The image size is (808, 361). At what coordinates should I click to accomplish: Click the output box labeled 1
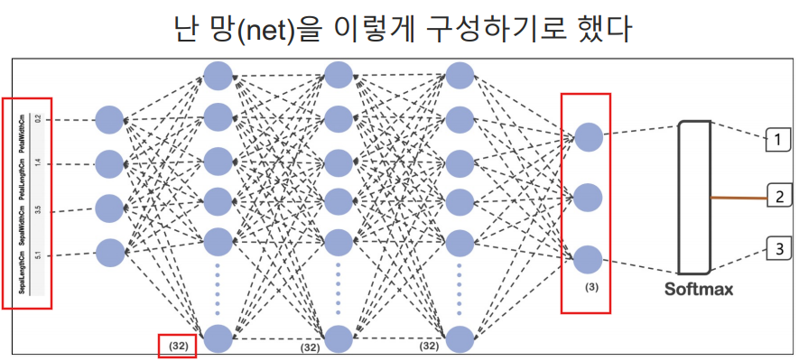pyautogui.click(x=776, y=139)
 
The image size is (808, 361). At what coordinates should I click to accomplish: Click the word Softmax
pyautogui.click(x=699, y=290)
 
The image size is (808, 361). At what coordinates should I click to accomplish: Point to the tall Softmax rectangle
pyautogui.click(x=693, y=197)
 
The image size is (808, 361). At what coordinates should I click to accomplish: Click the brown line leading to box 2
pyautogui.click(x=737, y=196)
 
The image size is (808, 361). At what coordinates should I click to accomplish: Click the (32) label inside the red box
pyautogui.click(x=176, y=345)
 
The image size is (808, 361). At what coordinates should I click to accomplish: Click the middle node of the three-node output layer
pyautogui.click(x=588, y=197)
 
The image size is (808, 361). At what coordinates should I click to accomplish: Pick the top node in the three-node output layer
pyautogui.click(x=588, y=136)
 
